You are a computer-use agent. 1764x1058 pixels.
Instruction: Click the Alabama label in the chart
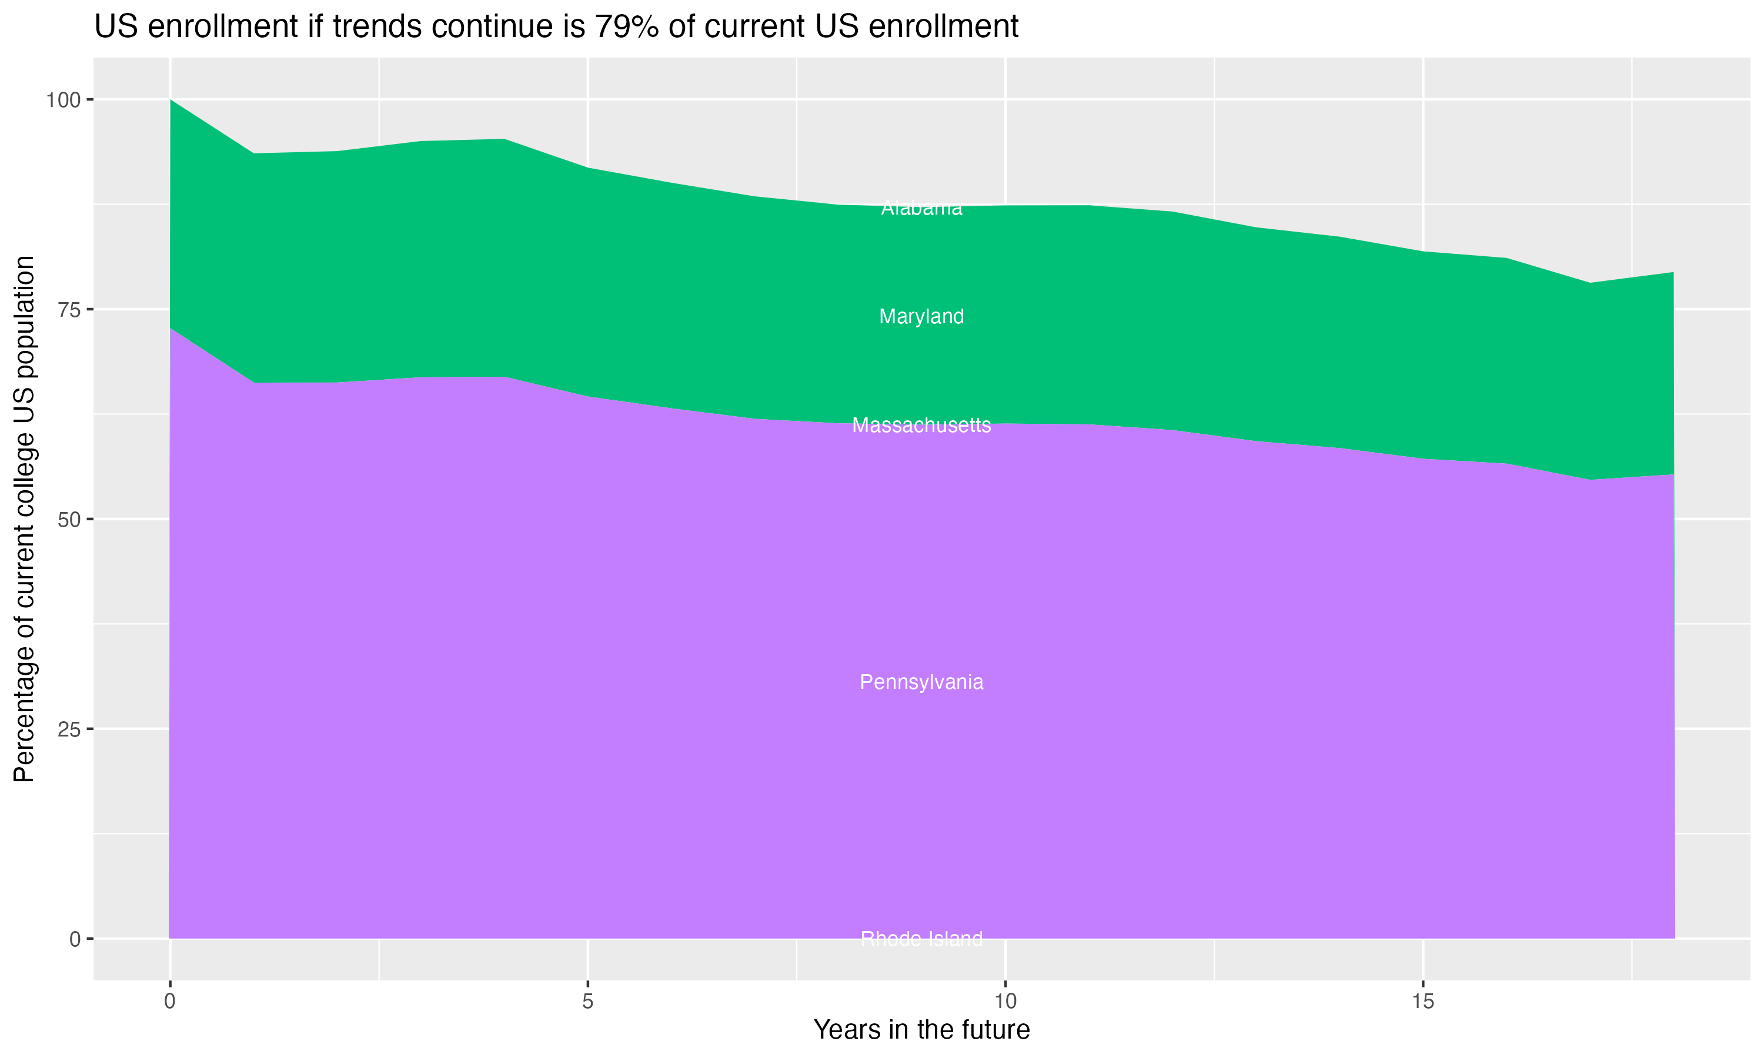(921, 208)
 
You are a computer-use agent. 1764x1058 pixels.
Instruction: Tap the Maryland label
(921, 317)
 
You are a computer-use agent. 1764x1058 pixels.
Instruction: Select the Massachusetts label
(921, 425)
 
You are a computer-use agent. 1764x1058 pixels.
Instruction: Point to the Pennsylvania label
(921, 682)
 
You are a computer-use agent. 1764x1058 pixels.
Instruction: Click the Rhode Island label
(921, 939)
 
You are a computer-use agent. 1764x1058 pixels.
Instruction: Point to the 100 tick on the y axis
(63, 100)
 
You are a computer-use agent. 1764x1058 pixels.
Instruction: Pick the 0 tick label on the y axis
(75, 939)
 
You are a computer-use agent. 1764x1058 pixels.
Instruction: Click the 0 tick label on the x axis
(170, 1002)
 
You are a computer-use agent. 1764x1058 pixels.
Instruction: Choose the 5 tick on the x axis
(587, 1002)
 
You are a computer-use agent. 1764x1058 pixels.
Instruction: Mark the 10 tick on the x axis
(1005, 1002)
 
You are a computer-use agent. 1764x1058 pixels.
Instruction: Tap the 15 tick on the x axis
(1422, 1002)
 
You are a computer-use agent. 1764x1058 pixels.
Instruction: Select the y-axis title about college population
(24, 519)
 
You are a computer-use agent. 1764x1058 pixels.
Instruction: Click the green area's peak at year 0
(171, 101)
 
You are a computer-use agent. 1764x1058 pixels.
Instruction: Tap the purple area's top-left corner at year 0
(171, 329)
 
